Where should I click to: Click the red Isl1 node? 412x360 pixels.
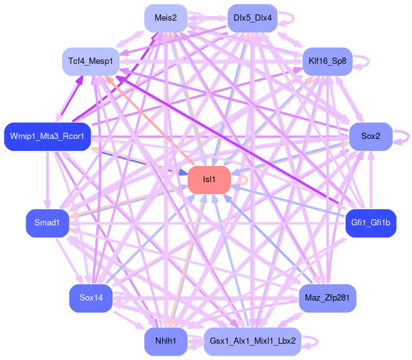point(209,180)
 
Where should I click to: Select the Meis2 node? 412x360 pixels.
point(166,18)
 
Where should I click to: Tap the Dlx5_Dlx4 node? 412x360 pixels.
point(252,18)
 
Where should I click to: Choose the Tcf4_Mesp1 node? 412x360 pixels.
point(91,61)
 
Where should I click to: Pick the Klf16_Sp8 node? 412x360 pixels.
point(327,61)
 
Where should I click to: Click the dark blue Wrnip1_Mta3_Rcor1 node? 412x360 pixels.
point(48,137)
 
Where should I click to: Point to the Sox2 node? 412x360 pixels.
point(370,137)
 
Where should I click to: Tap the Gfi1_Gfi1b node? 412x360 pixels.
point(371,224)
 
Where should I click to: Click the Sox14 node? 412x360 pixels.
point(91,297)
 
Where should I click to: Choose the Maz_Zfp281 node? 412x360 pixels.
point(327,297)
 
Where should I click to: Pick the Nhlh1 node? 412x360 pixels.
point(166,341)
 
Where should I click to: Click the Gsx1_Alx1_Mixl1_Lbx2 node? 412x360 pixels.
point(252,341)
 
